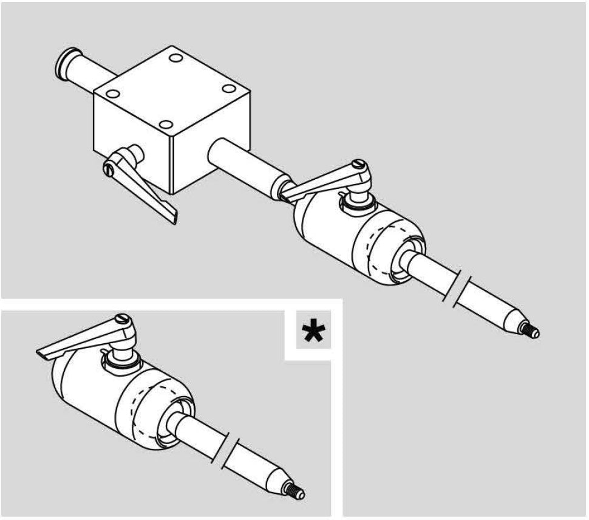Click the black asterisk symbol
314,333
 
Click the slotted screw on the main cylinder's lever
361,165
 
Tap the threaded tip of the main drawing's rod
534,332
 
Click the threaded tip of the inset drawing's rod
299,490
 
